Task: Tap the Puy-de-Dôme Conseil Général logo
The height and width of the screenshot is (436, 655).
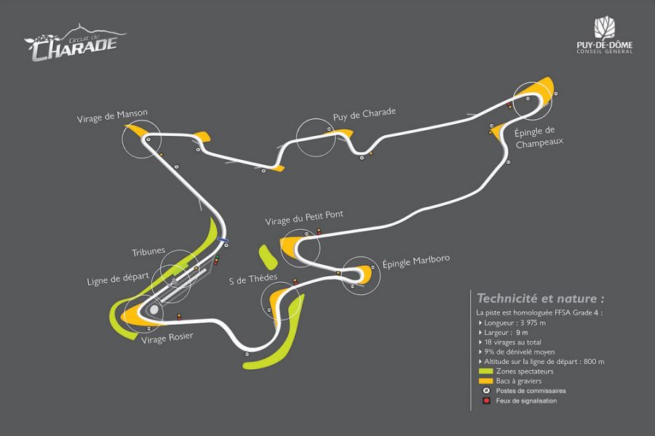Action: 604,37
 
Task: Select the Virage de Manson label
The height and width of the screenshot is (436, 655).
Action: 112,113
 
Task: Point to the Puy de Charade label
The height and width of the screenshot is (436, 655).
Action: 364,113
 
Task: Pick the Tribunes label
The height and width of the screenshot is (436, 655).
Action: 148,252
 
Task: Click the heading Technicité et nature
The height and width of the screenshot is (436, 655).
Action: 539,299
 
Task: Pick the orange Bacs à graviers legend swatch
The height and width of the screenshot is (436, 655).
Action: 485,381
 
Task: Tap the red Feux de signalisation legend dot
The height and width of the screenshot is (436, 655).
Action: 485,400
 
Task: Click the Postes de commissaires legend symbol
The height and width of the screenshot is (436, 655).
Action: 485,391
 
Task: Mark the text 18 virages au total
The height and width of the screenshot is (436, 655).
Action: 520,342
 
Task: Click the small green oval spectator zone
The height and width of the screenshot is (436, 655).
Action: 266,256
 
